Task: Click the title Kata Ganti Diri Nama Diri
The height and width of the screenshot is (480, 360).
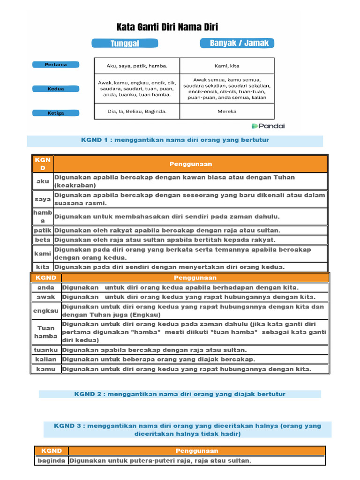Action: tap(167, 27)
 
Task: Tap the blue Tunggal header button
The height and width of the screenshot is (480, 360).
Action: tap(125, 44)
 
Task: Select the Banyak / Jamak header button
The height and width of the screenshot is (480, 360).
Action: tap(237, 43)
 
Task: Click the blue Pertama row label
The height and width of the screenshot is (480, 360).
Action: tap(56, 65)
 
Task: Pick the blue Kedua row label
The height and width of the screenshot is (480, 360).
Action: tap(56, 89)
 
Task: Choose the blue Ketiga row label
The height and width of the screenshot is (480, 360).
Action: tap(56, 113)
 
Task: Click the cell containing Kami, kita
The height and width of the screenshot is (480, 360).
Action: tap(227, 66)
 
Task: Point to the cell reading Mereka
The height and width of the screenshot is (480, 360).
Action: tap(227, 112)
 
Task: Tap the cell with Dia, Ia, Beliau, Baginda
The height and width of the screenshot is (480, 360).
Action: tap(137, 112)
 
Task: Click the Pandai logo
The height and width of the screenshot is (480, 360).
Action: tap(268, 126)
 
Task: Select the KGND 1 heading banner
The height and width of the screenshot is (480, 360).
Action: tap(175, 140)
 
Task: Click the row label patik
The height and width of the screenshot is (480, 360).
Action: tap(43, 231)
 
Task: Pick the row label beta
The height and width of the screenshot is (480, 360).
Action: tap(43, 240)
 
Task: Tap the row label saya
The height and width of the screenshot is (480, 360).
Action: tap(43, 199)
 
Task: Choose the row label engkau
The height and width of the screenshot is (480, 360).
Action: tap(46, 311)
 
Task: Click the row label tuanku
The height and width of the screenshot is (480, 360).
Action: tap(46, 350)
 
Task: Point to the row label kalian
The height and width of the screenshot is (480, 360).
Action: tap(46, 360)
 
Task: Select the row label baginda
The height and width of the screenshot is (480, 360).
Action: tap(52, 461)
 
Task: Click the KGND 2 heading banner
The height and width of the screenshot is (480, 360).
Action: tap(180, 394)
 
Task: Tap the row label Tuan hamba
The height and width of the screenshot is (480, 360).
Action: tap(46, 332)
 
